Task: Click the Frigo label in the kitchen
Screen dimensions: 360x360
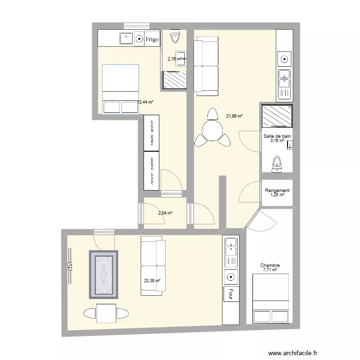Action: coord(152,39)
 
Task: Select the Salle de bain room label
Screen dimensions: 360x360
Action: coord(277,136)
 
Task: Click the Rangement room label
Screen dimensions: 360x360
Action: coord(277,191)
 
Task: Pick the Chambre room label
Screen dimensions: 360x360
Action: coord(270,265)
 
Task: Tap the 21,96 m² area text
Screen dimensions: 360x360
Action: coord(235,116)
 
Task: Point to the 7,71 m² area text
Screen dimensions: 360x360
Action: coord(270,270)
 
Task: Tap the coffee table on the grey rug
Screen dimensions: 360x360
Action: coord(103,274)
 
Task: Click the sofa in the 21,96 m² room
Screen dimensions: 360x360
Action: coord(206,66)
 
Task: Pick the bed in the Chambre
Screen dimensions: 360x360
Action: coord(271,299)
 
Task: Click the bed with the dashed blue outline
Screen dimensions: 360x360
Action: coord(120,89)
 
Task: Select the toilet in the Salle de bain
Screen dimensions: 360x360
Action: coord(276,164)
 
